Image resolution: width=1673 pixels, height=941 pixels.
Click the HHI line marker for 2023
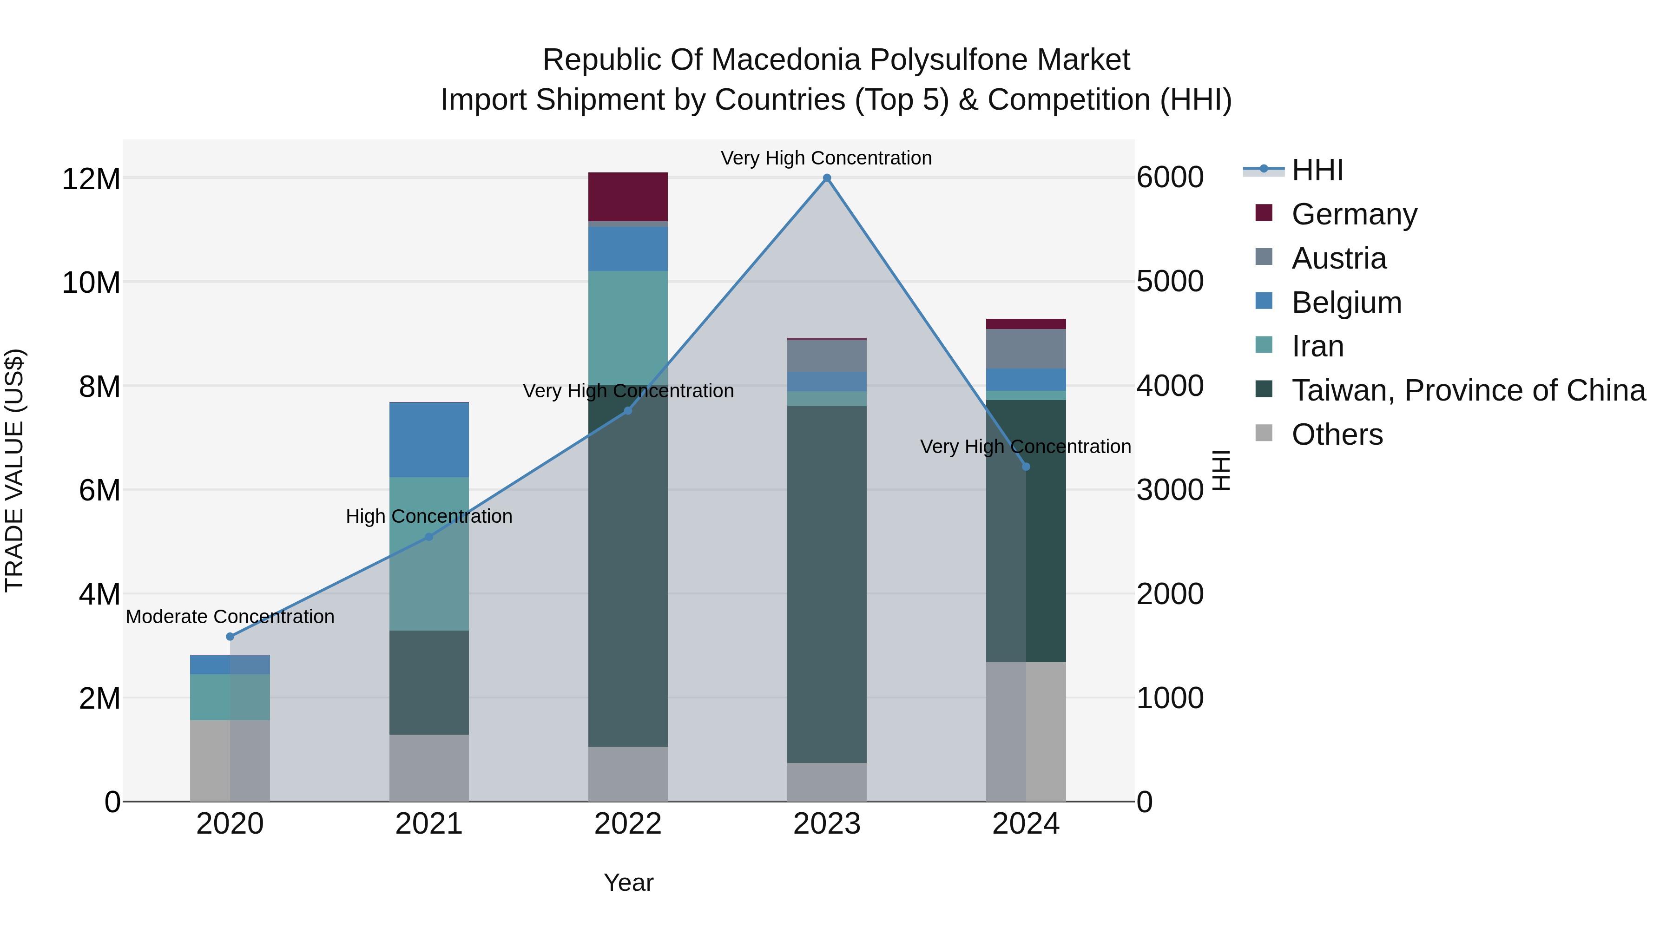[827, 178]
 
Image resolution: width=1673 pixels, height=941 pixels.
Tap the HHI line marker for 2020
[230, 637]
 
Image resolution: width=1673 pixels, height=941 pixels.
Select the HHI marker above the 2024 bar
[1026, 466]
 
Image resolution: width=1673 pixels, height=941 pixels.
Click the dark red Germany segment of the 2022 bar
[628, 197]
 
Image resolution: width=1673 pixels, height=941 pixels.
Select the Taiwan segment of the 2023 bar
[827, 585]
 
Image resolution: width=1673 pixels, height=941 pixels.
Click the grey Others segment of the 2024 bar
[1026, 731]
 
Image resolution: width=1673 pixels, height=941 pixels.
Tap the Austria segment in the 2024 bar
[1026, 349]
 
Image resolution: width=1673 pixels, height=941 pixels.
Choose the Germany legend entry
[1354, 214]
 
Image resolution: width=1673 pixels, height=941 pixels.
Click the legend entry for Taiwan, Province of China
[1468, 390]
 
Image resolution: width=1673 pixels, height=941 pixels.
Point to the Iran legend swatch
[1264, 345]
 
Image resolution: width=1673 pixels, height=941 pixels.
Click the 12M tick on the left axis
[91, 178]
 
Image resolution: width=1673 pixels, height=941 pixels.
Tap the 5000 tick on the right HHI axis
[1170, 282]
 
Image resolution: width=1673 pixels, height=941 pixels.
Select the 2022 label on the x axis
[628, 824]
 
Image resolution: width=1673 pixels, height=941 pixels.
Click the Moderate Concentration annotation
[230, 616]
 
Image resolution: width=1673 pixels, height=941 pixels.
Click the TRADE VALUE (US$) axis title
[14, 470]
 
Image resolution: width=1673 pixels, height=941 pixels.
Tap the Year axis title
[628, 882]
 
